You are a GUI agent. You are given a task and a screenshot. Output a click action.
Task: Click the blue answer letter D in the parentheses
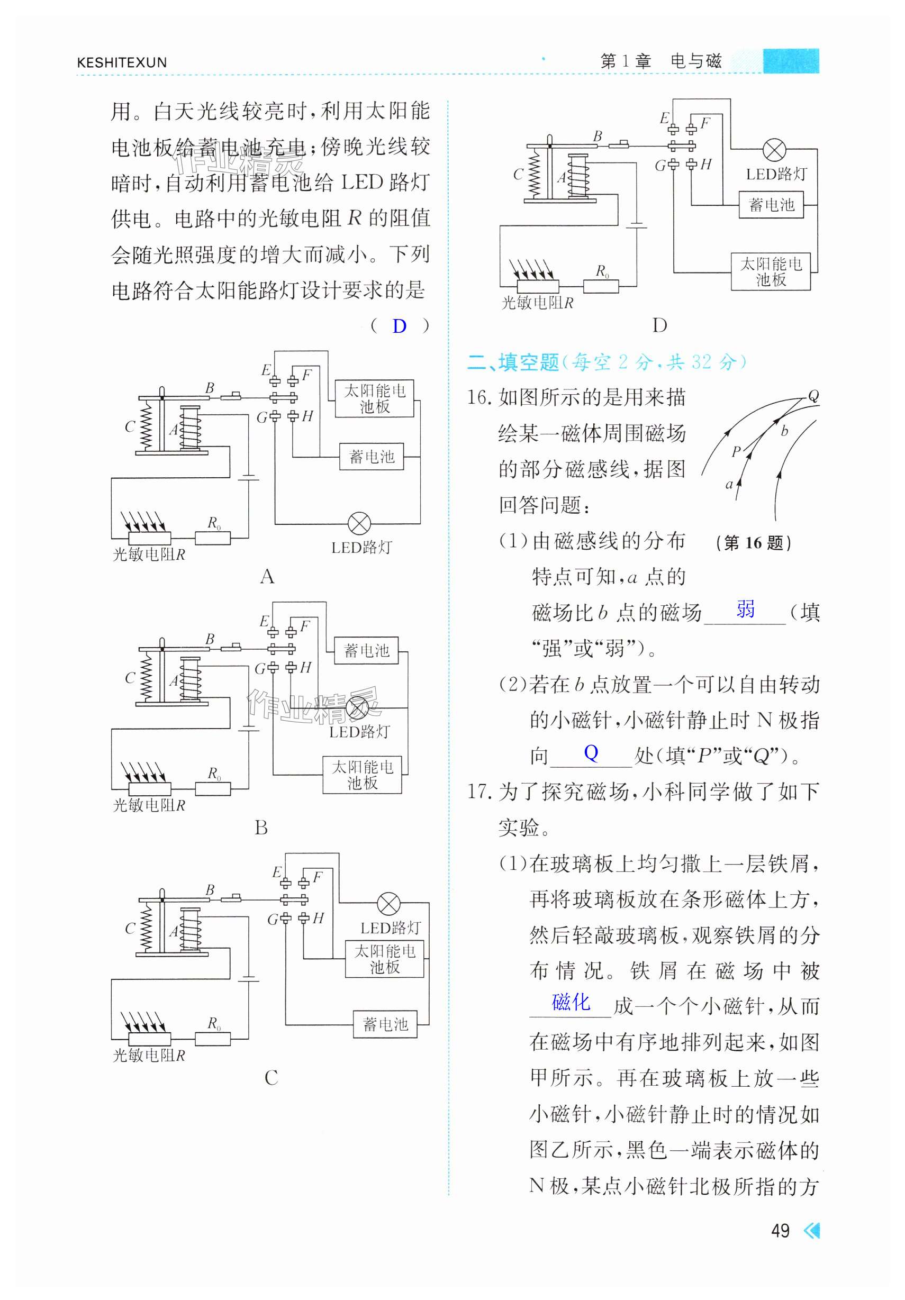coord(399,326)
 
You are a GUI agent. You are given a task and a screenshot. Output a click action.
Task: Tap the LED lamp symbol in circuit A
coord(359,524)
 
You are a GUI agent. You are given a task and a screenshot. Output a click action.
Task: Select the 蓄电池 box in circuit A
coord(372,457)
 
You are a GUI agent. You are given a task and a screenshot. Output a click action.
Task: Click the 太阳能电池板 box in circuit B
coord(362,775)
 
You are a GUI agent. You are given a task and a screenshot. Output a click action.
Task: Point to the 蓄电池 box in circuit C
coord(385,1024)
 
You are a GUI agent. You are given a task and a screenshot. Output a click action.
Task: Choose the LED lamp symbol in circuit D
coord(774,150)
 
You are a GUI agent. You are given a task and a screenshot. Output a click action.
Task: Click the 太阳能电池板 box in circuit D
coord(771,272)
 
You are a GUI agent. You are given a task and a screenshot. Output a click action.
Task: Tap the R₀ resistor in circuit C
coord(213,1039)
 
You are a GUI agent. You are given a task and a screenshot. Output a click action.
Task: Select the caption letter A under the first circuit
coord(267,576)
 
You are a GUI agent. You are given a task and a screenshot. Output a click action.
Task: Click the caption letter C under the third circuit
coord(271,1077)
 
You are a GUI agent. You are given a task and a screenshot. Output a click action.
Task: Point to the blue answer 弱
coord(745,608)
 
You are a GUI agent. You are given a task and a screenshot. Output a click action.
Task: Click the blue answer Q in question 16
coord(591,752)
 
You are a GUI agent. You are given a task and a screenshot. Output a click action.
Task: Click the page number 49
coord(780,1230)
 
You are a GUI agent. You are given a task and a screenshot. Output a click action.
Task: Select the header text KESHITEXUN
coord(122,62)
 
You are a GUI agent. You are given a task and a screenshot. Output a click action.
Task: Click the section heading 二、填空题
coord(513,362)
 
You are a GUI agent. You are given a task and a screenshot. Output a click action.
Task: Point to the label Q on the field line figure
coord(813,395)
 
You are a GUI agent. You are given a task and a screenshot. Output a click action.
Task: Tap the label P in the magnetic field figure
coord(736,451)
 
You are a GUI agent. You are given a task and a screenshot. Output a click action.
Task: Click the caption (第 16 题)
coord(753,543)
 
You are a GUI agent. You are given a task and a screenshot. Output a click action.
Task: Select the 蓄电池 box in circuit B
coord(366,651)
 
